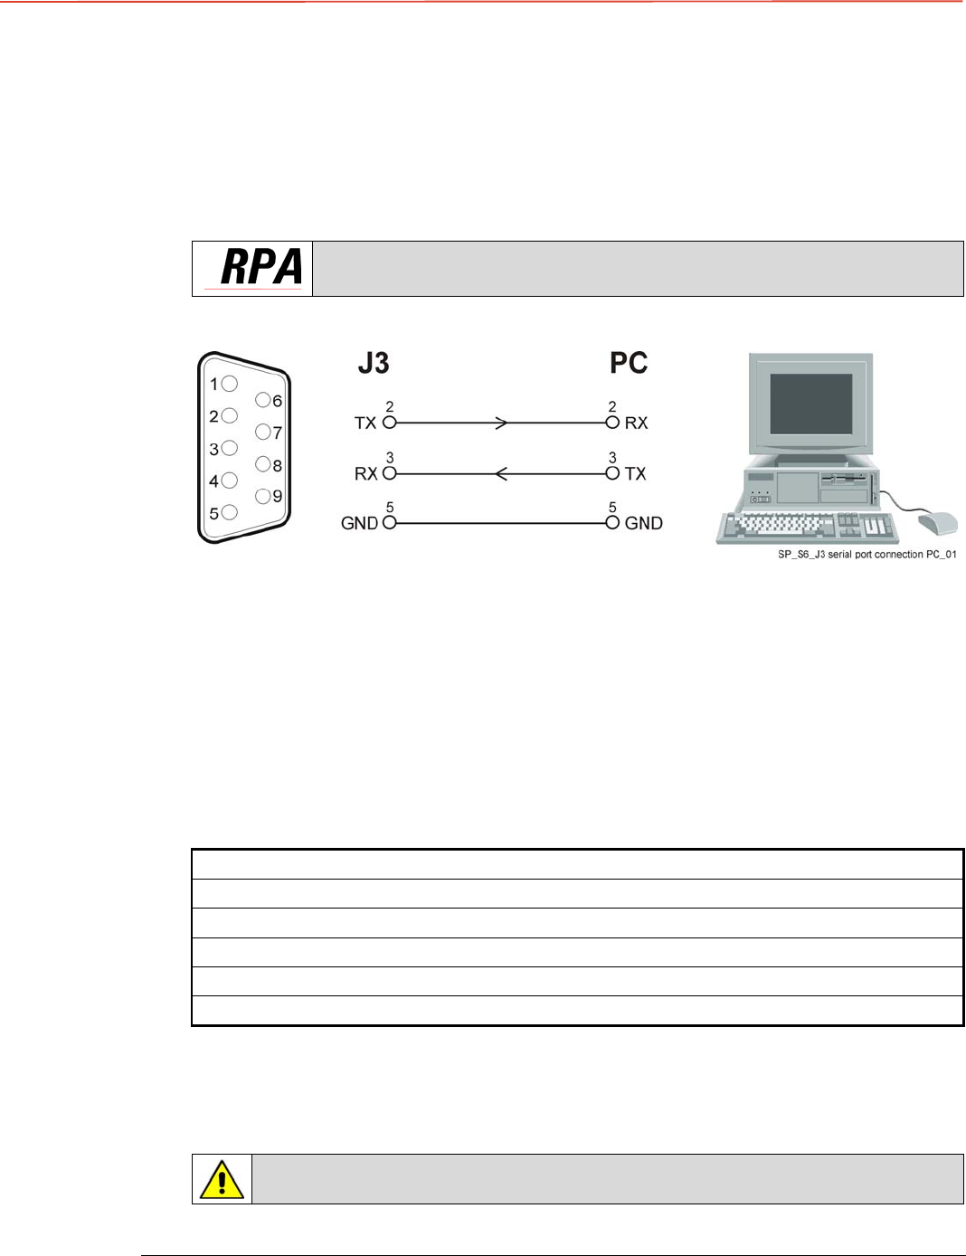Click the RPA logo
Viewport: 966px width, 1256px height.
pyautogui.click(x=260, y=268)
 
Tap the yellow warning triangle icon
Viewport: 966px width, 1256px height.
pyautogui.click(x=222, y=1179)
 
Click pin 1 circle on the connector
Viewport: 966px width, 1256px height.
pyautogui.click(x=230, y=384)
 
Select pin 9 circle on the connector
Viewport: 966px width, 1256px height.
pyautogui.click(x=263, y=496)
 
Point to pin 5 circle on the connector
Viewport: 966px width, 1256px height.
pyautogui.click(x=230, y=512)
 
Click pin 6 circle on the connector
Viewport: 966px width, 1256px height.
pyautogui.click(x=263, y=400)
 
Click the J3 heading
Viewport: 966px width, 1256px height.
pyautogui.click(x=374, y=363)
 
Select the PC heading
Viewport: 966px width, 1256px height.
pyautogui.click(x=628, y=363)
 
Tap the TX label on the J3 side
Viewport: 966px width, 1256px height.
pyautogui.click(x=365, y=423)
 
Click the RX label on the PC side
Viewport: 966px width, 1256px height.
pyautogui.click(x=636, y=423)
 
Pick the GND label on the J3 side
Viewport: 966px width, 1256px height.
pyautogui.click(x=359, y=523)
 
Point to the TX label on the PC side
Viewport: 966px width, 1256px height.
pyautogui.click(x=636, y=473)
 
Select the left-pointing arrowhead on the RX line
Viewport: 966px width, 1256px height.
pyautogui.click(x=501, y=473)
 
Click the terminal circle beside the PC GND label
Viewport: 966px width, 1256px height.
pyautogui.click(x=612, y=522)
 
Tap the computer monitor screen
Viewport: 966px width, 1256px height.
pyautogui.click(x=810, y=404)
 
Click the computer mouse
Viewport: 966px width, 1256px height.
pyautogui.click(x=937, y=523)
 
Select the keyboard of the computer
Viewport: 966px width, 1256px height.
pyautogui.click(x=805, y=527)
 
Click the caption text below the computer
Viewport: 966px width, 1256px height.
pyautogui.click(x=867, y=554)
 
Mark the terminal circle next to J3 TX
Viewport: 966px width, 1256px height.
pyautogui.click(x=390, y=423)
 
